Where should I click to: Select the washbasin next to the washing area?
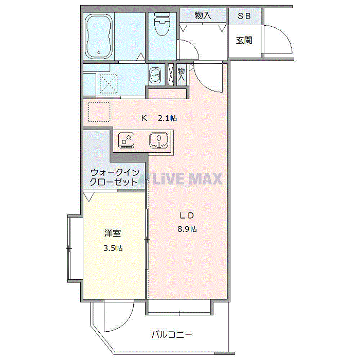click(x=155, y=76)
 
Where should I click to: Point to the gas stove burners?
click(x=127, y=139)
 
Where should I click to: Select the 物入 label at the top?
click(x=203, y=16)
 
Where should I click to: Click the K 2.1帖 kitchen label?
click(x=159, y=118)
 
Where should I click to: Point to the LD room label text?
click(x=186, y=215)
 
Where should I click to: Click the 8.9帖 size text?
click(x=187, y=229)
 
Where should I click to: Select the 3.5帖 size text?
click(x=113, y=248)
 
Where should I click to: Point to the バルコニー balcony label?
click(x=172, y=335)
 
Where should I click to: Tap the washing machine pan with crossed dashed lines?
click(x=109, y=83)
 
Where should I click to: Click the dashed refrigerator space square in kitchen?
click(x=99, y=112)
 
